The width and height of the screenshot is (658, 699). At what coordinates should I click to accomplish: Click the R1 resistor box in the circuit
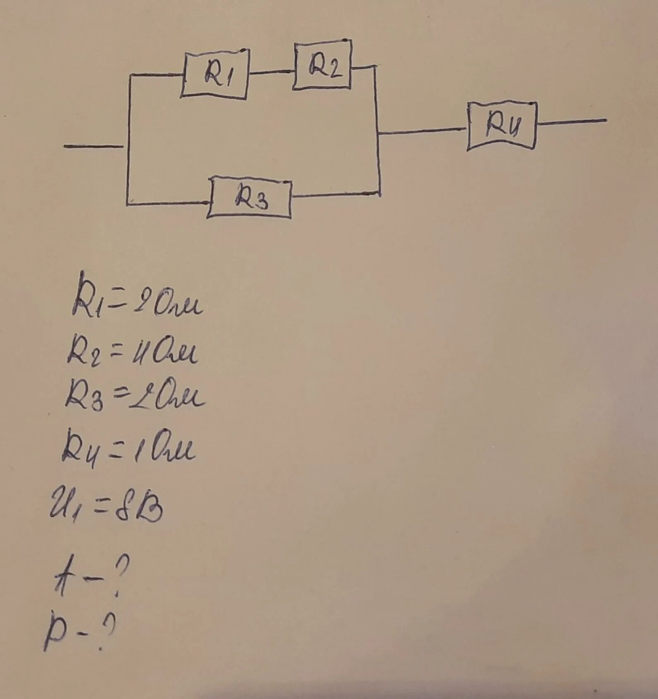click(215, 74)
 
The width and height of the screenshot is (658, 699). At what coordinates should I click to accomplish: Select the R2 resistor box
click(322, 65)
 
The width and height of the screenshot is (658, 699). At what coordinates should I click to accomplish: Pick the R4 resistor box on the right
click(502, 126)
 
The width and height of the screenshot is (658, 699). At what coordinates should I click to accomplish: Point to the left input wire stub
click(94, 146)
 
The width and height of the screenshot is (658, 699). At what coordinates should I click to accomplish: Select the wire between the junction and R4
click(422, 131)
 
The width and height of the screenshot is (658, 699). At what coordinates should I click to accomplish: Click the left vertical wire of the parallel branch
click(129, 139)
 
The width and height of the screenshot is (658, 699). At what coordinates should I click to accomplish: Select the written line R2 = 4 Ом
click(132, 352)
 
